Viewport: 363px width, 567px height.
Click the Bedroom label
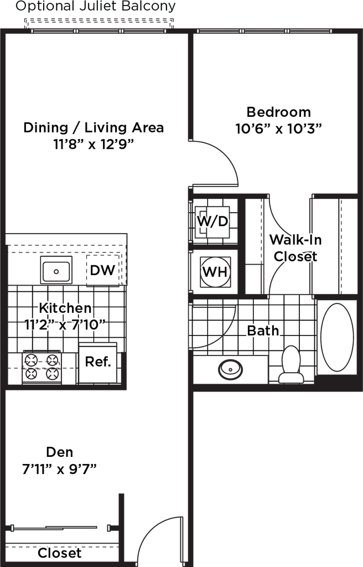[279, 112]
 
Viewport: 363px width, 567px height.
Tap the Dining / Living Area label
[94, 128]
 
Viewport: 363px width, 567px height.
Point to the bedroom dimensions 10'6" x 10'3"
[279, 128]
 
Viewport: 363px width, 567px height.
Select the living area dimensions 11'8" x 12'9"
[94, 145]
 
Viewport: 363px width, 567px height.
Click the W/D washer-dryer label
[212, 221]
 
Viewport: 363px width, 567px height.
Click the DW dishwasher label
[103, 271]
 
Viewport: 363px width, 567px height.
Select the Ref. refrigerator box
[98, 363]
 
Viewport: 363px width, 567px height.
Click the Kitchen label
[65, 307]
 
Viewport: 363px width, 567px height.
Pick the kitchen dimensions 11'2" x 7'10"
[65, 324]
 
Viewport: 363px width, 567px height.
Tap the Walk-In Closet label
[296, 248]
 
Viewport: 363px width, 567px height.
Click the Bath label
[263, 331]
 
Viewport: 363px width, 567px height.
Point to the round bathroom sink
[229, 370]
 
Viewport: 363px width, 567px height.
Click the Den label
[60, 452]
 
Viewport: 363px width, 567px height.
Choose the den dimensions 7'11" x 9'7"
[60, 468]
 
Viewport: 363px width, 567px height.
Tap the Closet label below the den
[60, 553]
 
